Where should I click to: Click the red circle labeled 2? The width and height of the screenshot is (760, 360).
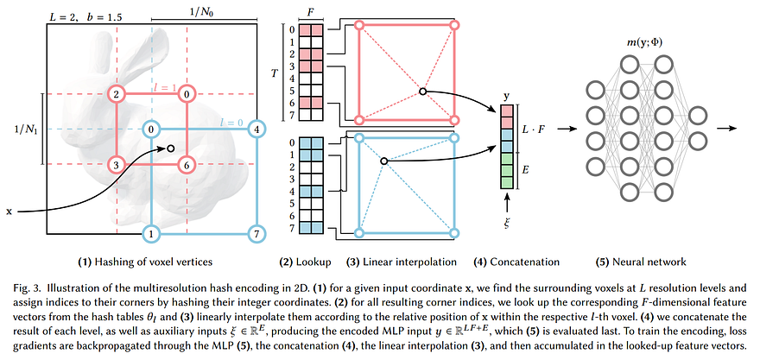click(117, 94)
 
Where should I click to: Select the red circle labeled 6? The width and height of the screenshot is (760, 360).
click(187, 165)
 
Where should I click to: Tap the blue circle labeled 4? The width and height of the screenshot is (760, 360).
click(256, 129)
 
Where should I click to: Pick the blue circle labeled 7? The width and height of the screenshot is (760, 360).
click(256, 234)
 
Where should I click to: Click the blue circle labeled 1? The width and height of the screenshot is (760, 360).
click(152, 234)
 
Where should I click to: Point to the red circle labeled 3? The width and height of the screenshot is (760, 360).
click(117, 165)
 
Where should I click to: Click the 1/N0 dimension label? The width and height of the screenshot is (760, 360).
click(204, 11)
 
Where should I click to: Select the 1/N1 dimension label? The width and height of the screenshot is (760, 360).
click(25, 129)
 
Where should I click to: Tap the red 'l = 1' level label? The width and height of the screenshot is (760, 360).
click(164, 87)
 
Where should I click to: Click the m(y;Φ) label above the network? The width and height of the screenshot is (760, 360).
click(643, 42)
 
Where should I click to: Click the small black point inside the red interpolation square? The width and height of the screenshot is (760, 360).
click(422, 92)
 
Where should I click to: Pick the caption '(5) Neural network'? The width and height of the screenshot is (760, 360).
click(641, 262)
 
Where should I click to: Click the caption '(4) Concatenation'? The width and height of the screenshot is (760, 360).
click(516, 262)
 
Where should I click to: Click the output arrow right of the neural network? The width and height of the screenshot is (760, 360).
click(727, 128)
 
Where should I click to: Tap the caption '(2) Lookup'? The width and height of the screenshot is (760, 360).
click(305, 262)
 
